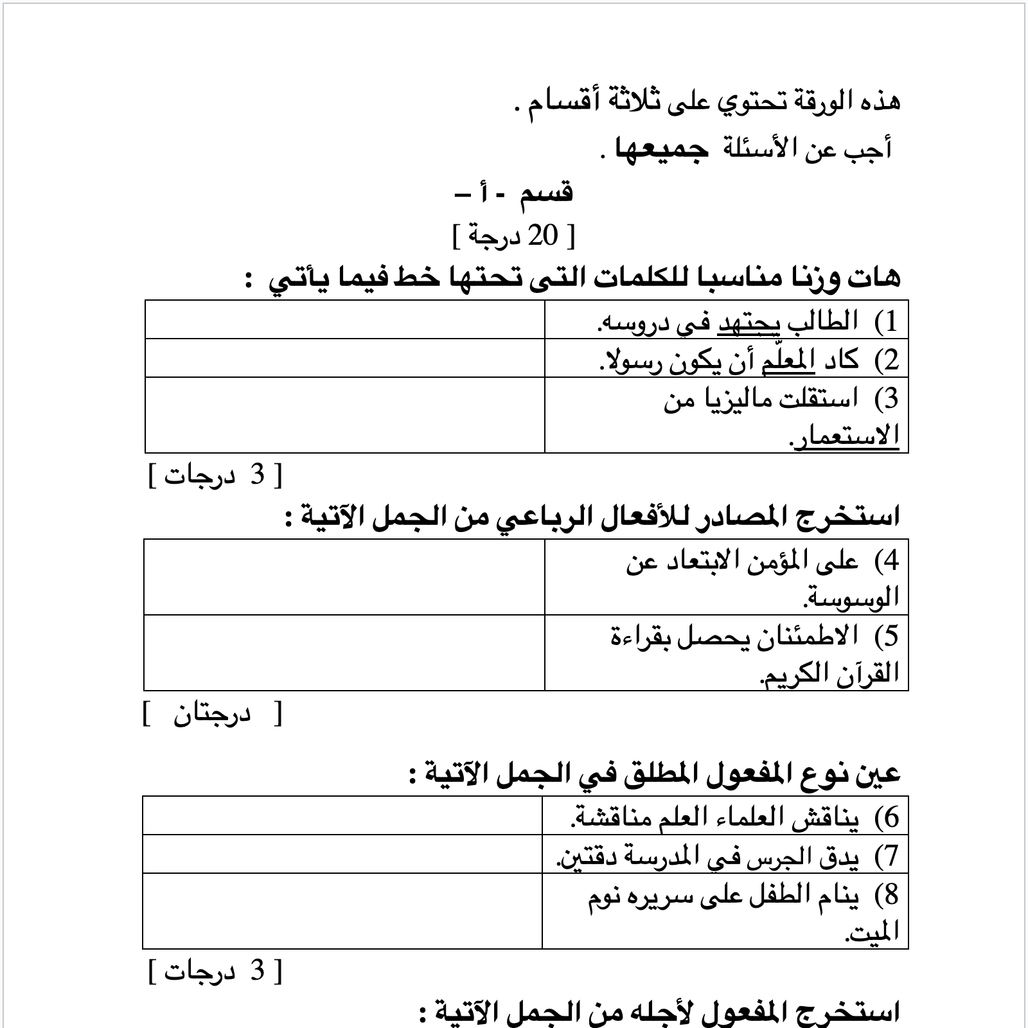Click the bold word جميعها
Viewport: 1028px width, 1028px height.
[662, 149]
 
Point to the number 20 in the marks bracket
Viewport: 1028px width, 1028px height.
[542, 236]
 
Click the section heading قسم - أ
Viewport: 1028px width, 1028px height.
[514, 193]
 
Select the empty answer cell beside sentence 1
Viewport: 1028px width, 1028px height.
[344, 319]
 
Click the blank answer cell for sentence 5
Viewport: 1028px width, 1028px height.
[344, 653]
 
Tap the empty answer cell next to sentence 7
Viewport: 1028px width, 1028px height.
[342, 854]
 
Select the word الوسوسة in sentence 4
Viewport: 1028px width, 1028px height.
[851, 599]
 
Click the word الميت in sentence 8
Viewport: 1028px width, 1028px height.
[872, 932]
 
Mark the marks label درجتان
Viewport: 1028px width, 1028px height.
[212, 714]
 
